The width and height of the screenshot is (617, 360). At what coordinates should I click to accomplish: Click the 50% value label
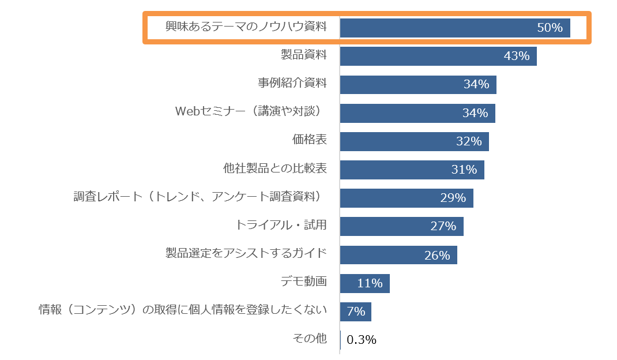coord(550,28)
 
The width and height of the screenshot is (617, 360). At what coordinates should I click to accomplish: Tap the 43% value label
coord(516,56)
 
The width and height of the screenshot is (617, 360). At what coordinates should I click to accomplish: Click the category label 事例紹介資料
coord(292,83)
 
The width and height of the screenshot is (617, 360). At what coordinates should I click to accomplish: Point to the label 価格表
coord(310,140)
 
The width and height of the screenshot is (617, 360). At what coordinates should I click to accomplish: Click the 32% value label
coord(469,141)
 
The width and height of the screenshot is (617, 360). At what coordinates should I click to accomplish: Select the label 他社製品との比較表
coord(275,168)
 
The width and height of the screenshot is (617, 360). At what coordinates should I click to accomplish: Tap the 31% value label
coord(464,170)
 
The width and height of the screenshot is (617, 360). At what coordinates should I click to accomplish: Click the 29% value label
coord(453,198)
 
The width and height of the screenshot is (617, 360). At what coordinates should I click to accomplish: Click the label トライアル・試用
coord(281,225)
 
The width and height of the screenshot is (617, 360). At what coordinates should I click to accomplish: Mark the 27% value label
coord(443,226)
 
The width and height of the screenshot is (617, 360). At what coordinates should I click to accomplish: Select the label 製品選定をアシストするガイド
coord(246,253)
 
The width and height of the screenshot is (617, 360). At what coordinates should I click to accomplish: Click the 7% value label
coord(356,312)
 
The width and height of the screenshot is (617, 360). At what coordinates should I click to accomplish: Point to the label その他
coord(310,339)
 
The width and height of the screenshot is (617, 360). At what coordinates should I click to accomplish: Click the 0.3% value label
coord(362,340)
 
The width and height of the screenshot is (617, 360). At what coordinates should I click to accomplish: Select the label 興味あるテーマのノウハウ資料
coord(246,27)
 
